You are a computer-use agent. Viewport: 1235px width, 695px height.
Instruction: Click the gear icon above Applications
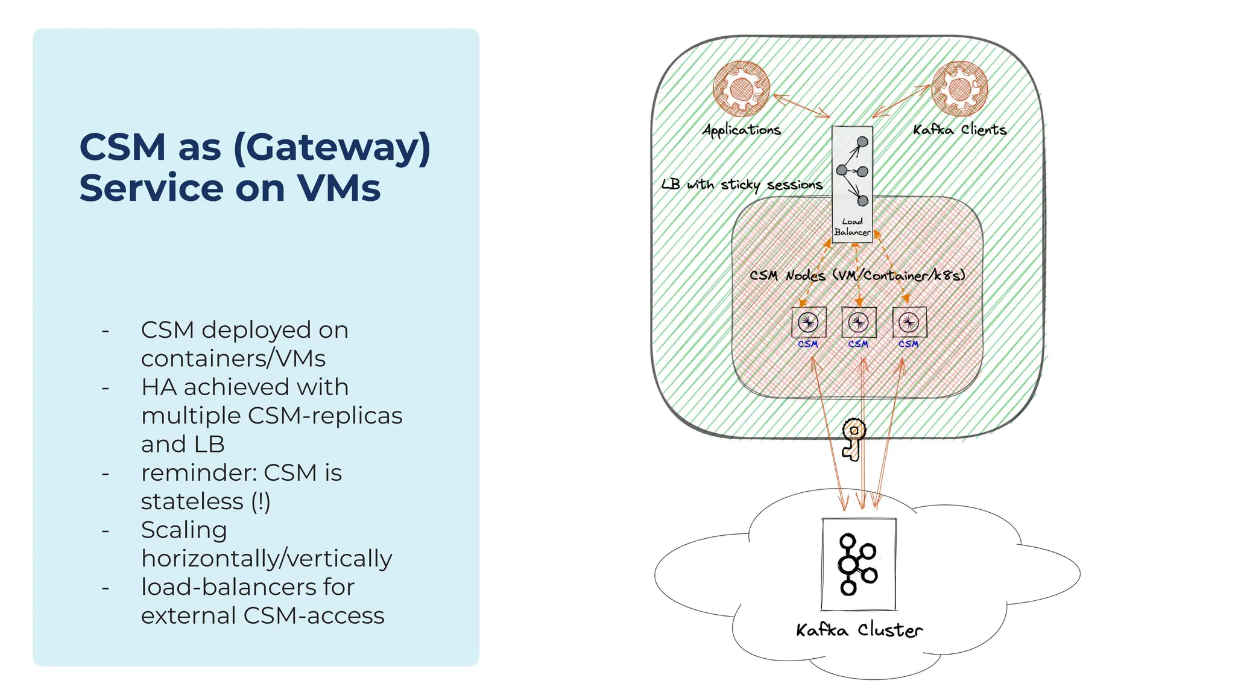pyautogui.click(x=741, y=89)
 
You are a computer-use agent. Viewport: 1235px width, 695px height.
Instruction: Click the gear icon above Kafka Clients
pyautogui.click(x=959, y=89)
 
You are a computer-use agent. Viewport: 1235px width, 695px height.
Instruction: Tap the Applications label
pyautogui.click(x=742, y=130)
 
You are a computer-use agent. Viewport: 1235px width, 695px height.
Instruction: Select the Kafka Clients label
pyautogui.click(x=959, y=130)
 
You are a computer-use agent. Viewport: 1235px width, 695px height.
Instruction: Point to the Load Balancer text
pyautogui.click(x=852, y=227)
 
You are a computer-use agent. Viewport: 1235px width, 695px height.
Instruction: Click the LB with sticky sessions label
pyautogui.click(x=742, y=184)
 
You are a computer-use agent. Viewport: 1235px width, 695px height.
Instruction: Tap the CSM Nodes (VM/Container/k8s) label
pyautogui.click(x=857, y=275)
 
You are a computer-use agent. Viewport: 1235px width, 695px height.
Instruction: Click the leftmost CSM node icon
pyautogui.click(x=808, y=323)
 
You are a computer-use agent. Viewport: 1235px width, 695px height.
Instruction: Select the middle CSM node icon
pyautogui.click(x=859, y=323)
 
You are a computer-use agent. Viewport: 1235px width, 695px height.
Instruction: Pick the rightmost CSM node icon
pyautogui.click(x=909, y=323)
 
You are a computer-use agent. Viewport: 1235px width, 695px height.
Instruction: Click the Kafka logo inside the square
pyautogui.click(x=858, y=564)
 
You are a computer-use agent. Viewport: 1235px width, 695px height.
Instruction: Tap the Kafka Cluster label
pyautogui.click(x=859, y=630)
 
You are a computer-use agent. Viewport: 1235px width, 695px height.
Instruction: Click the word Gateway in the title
pyautogui.click(x=332, y=148)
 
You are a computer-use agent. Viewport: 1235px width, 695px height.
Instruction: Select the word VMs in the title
pyautogui.click(x=339, y=188)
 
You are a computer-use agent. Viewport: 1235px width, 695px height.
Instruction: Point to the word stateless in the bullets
pyautogui.click(x=192, y=501)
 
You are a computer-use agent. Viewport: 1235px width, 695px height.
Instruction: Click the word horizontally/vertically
pyautogui.click(x=267, y=559)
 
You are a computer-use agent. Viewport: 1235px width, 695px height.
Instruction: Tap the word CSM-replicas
pyautogui.click(x=324, y=416)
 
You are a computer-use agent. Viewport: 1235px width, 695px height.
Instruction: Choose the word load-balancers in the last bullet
pyautogui.click(x=247, y=587)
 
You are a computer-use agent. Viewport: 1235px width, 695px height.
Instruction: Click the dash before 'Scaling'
pyautogui.click(x=106, y=531)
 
